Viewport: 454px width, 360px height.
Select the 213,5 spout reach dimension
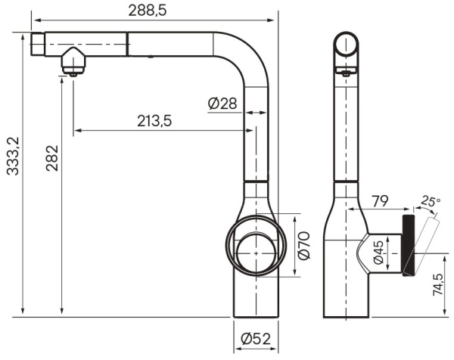point(154,120)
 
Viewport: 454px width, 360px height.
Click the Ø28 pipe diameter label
point(222,104)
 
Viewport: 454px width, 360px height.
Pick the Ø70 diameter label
point(304,247)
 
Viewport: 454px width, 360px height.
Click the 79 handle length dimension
point(380,202)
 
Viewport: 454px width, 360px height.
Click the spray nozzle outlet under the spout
point(72,72)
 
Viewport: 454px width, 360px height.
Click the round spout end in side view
point(349,45)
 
